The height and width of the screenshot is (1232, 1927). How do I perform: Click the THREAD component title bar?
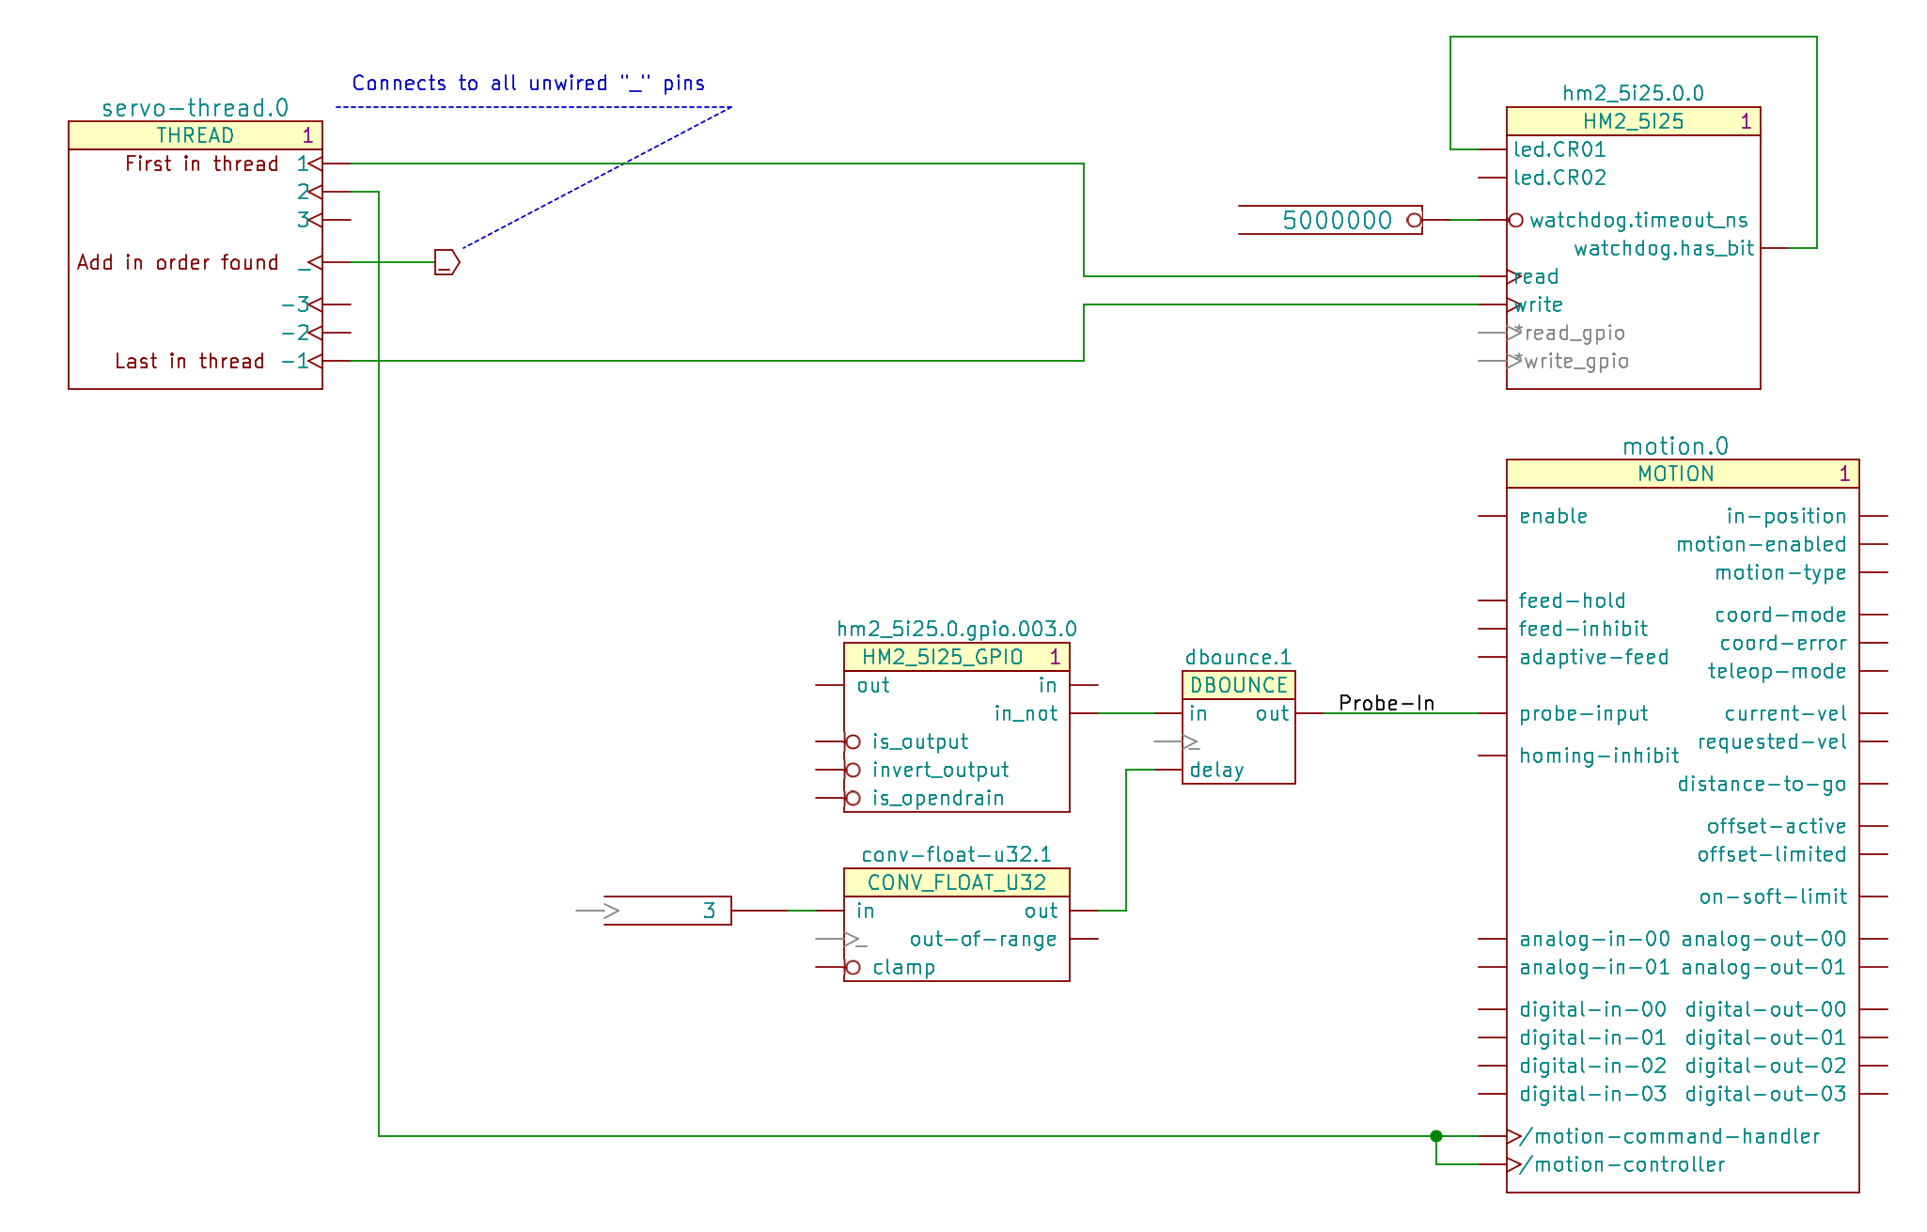pos(195,135)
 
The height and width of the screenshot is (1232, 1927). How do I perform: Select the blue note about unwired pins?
pos(527,84)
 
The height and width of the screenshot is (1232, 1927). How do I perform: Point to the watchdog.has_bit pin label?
pos(1663,248)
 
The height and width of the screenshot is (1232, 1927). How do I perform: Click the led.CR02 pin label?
pos(1559,178)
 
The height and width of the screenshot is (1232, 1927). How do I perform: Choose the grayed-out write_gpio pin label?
pos(1576,361)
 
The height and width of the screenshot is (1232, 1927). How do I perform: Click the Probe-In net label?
pos(1386,703)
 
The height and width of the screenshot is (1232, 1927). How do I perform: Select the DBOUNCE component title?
pos(1238,685)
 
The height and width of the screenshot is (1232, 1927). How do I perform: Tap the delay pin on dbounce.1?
pos(1216,770)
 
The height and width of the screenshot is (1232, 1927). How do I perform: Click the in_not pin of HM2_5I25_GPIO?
pos(1026,713)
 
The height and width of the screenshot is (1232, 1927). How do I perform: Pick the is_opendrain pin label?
pos(937,798)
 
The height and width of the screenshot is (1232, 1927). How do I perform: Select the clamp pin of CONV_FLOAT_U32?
pos(902,967)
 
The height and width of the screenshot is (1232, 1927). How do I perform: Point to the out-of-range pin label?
pos(982,939)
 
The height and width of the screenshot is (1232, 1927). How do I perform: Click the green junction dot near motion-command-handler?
pos(1435,1136)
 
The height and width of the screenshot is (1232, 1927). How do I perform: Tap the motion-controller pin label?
pos(1629,1164)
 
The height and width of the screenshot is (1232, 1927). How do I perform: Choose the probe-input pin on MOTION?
pos(1583,713)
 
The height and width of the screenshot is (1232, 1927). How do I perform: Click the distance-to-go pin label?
pos(1762,784)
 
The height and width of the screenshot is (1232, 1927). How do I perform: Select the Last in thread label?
pos(189,361)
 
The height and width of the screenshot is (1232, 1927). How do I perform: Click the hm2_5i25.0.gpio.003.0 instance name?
pos(956,629)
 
